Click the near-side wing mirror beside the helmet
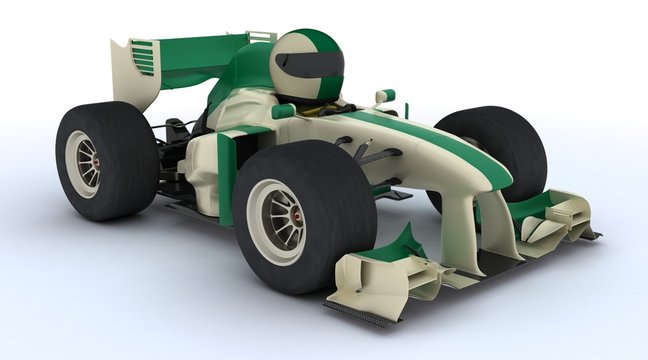coord(284,110)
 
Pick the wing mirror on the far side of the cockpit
coord(385,97)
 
